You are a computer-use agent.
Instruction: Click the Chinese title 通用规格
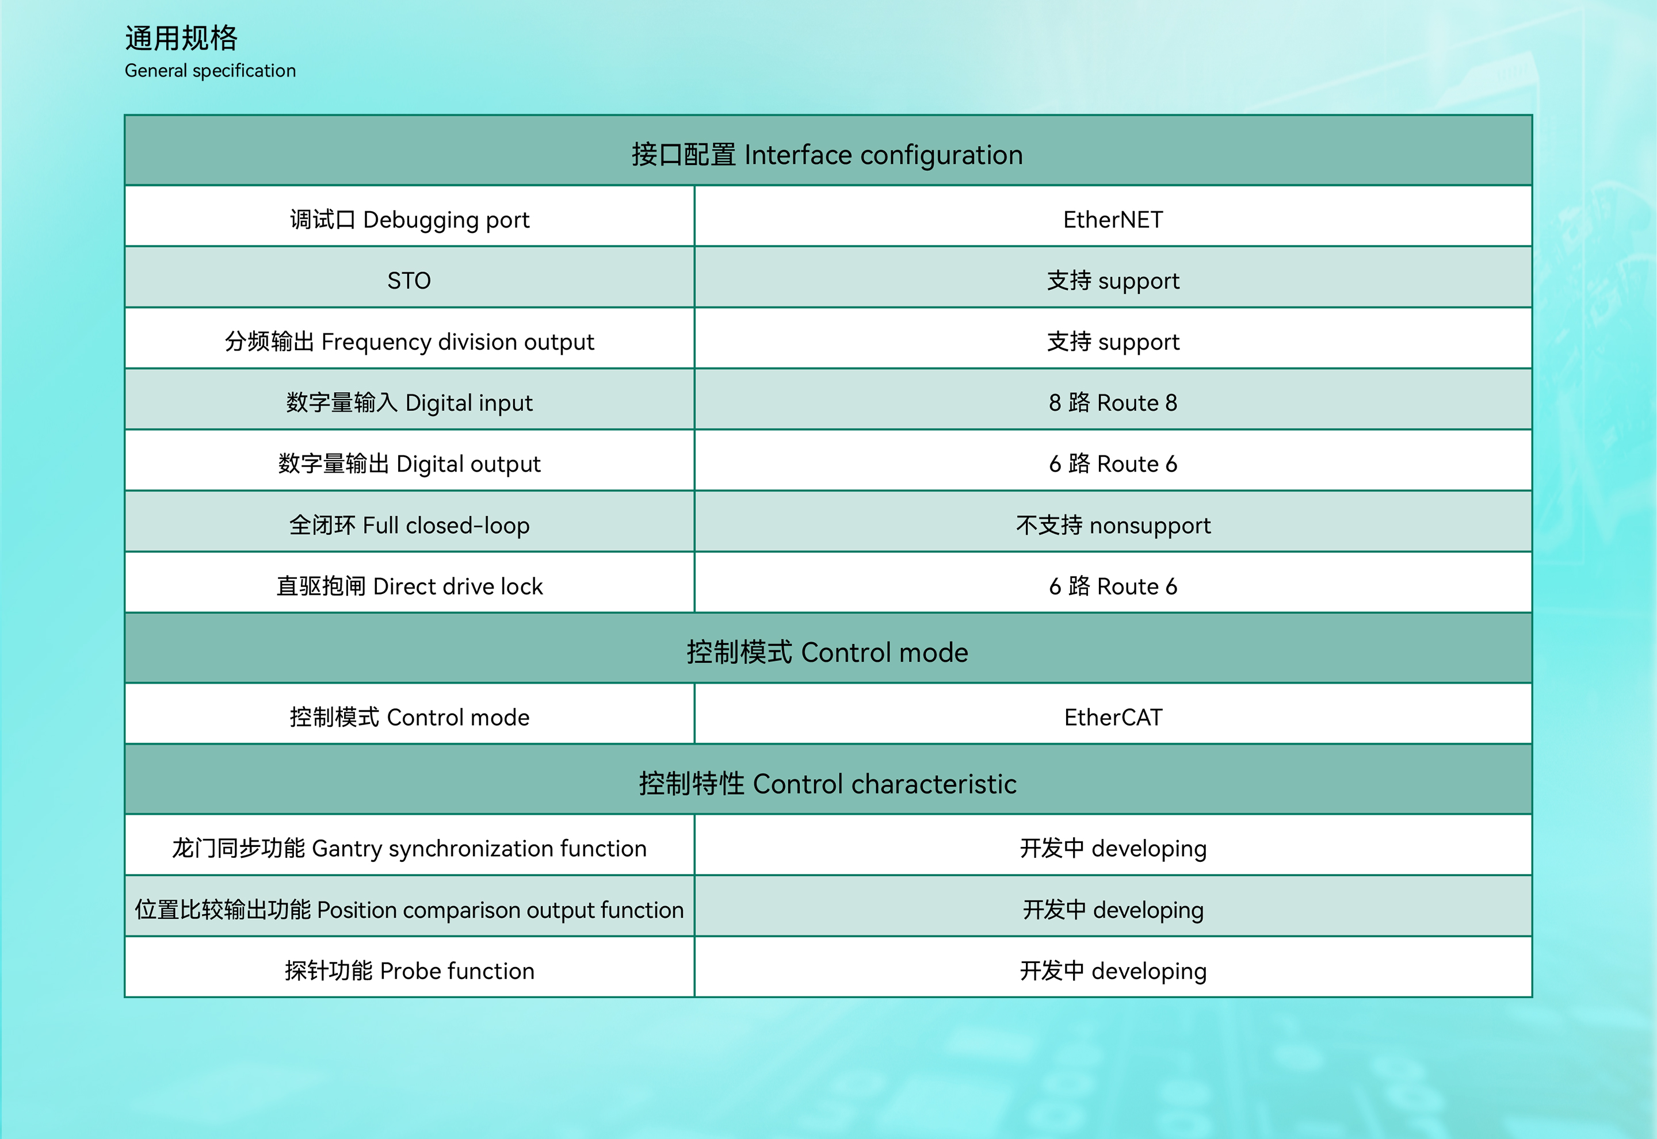[181, 38]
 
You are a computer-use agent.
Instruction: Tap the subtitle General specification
[210, 71]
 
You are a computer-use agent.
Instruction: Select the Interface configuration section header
[827, 155]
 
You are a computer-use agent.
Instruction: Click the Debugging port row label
[410, 220]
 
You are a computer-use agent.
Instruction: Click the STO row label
[409, 281]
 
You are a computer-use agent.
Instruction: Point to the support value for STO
[1113, 281]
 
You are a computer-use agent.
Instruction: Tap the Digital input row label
[409, 403]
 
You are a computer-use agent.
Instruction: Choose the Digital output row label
[409, 464]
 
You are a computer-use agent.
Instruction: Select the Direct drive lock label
[409, 586]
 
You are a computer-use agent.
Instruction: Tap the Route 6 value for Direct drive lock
[1113, 586]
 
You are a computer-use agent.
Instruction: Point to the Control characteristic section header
[827, 784]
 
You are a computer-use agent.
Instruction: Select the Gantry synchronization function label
[409, 849]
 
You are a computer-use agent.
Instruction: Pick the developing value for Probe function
[1113, 971]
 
